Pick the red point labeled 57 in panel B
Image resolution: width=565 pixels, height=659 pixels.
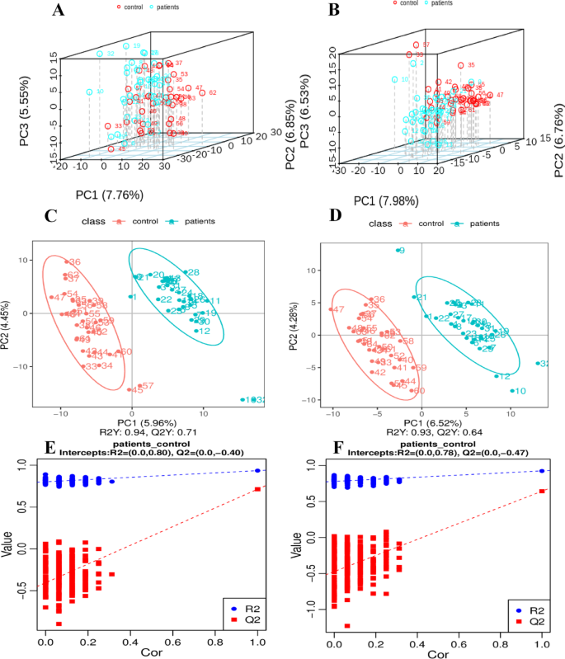416,45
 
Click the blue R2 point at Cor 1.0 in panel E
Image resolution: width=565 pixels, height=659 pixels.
257,470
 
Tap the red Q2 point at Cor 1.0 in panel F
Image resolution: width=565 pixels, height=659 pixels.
541,492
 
